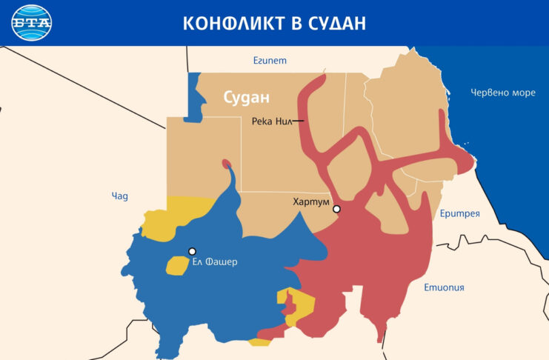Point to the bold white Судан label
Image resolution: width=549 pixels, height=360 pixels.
click(247, 97)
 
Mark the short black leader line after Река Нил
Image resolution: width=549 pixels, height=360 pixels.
click(298, 121)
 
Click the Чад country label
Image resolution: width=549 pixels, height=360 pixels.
click(119, 196)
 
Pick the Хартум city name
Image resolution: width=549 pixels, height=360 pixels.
click(310, 201)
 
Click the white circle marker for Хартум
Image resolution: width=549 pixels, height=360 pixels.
click(336, 210)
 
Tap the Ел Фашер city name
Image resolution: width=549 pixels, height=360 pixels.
click(215, 261)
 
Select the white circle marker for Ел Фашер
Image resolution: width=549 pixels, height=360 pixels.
click(192, 251)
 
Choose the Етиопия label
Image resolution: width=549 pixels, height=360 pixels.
click(444, 287)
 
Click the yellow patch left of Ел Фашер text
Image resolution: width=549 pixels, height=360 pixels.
click(176, 265)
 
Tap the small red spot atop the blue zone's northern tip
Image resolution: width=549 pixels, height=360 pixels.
click(226, 164)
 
